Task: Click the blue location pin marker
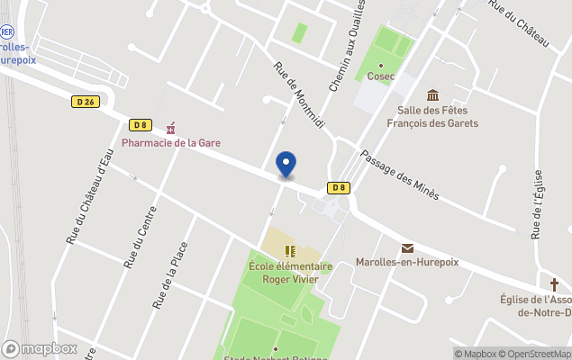(286, 165)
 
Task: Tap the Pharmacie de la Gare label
(171, 143)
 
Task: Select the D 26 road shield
(86, 103)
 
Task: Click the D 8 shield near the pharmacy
(140, 125)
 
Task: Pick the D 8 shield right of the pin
(338, 187)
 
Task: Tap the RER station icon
(7, 30)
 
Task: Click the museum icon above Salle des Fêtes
(432, 95)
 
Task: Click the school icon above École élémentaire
(290, 250)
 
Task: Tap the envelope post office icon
(407, 248)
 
